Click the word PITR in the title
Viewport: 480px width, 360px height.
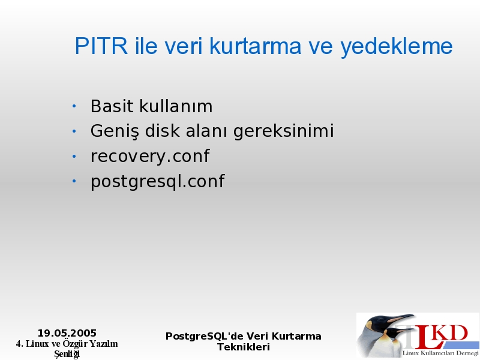101,46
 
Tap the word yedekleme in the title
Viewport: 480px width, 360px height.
397,47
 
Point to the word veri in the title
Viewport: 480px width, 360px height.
184,47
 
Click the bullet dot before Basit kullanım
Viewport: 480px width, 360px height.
74,106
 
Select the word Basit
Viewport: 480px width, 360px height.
112,106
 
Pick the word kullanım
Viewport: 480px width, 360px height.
176,106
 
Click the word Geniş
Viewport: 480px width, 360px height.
115,131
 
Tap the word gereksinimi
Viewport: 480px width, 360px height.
283,131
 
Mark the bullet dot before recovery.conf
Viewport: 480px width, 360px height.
74,157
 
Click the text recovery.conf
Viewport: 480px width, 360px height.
150,156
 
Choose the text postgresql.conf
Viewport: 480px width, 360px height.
158,182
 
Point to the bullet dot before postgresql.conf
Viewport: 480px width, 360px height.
74,181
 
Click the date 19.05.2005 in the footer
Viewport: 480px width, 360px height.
67,333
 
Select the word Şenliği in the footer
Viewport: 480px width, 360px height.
67,354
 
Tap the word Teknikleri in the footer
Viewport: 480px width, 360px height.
244,347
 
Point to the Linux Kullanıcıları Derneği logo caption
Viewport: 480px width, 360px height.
440,353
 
